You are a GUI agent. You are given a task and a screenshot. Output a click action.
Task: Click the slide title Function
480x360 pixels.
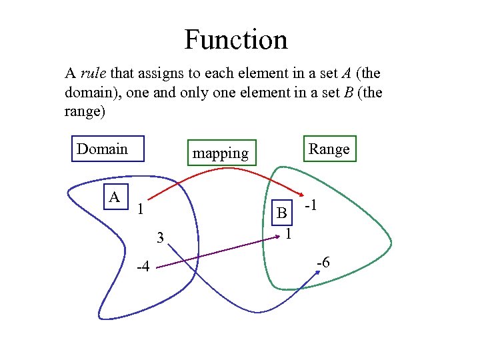click(236, 39)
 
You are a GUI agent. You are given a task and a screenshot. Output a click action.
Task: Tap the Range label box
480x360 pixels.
click(329, 149)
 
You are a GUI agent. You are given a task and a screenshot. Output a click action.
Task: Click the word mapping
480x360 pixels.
click(220, 153)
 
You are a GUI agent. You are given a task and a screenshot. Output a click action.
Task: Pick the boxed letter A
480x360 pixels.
click(115, 197)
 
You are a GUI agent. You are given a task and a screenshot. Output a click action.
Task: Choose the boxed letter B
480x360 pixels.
click(282, 213)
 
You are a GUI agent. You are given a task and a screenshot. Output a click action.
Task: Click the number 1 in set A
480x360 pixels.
click(140, 209)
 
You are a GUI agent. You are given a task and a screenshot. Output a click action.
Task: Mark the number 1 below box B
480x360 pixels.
click(287, 234)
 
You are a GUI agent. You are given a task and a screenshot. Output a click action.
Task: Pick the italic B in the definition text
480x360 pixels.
click(349, 93)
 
